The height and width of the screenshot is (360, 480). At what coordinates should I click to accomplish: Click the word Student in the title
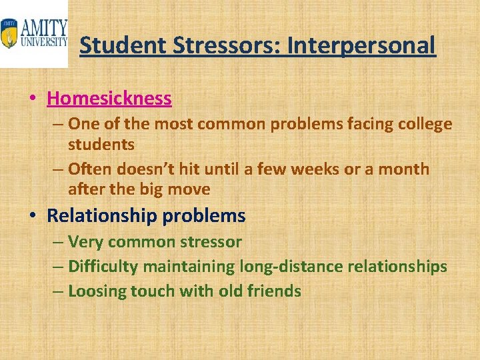pos(118,46)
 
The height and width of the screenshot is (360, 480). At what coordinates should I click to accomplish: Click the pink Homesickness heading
pos(109,99)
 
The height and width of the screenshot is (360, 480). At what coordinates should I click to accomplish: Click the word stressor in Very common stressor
pos(211,242)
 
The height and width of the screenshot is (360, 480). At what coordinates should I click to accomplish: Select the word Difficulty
pos(103,267)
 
